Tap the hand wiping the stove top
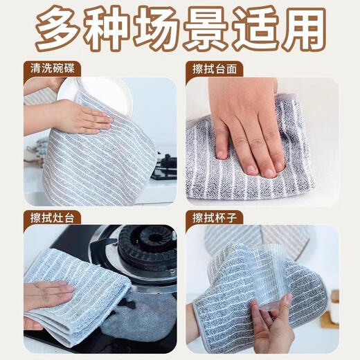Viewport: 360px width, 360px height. point(48,296)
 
